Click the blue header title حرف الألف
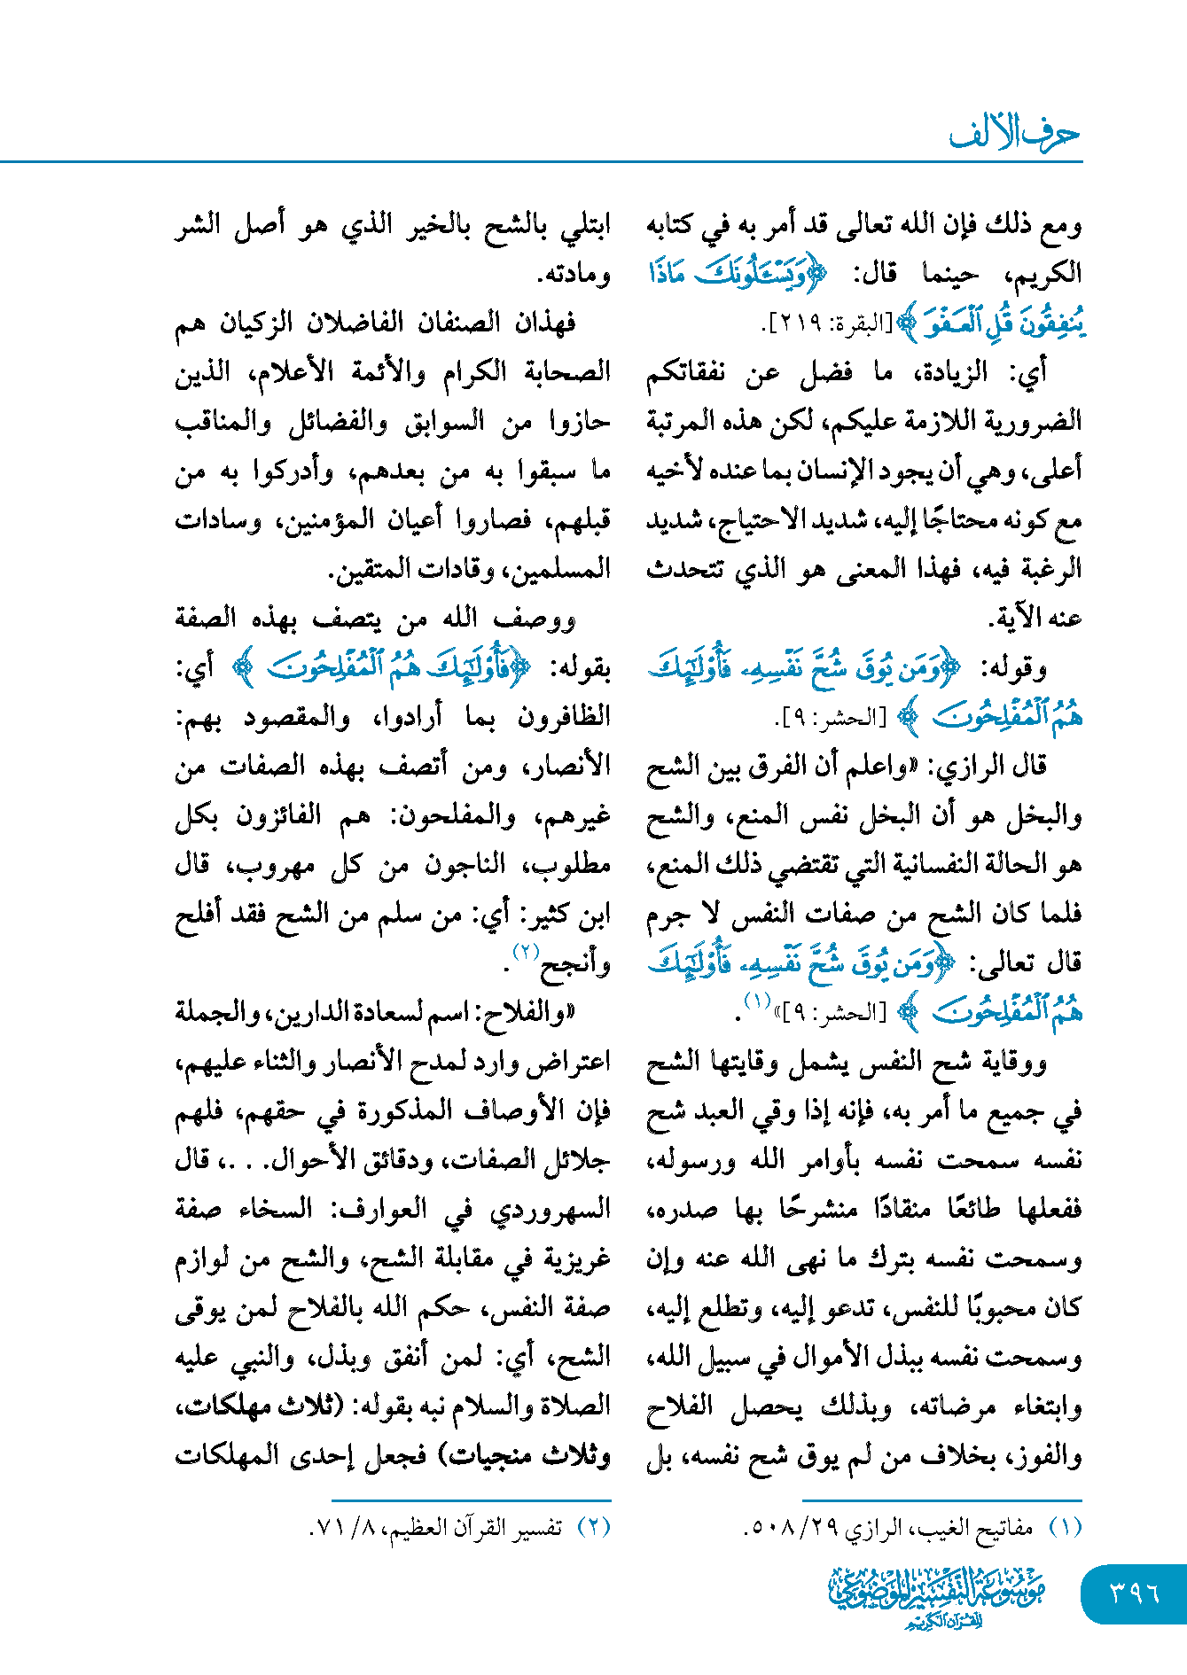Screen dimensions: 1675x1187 [x=1014, y=134]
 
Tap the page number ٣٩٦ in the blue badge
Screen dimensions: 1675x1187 [x=1134, y=1593]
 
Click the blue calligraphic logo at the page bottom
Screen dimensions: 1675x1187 [x=937, y=1596]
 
